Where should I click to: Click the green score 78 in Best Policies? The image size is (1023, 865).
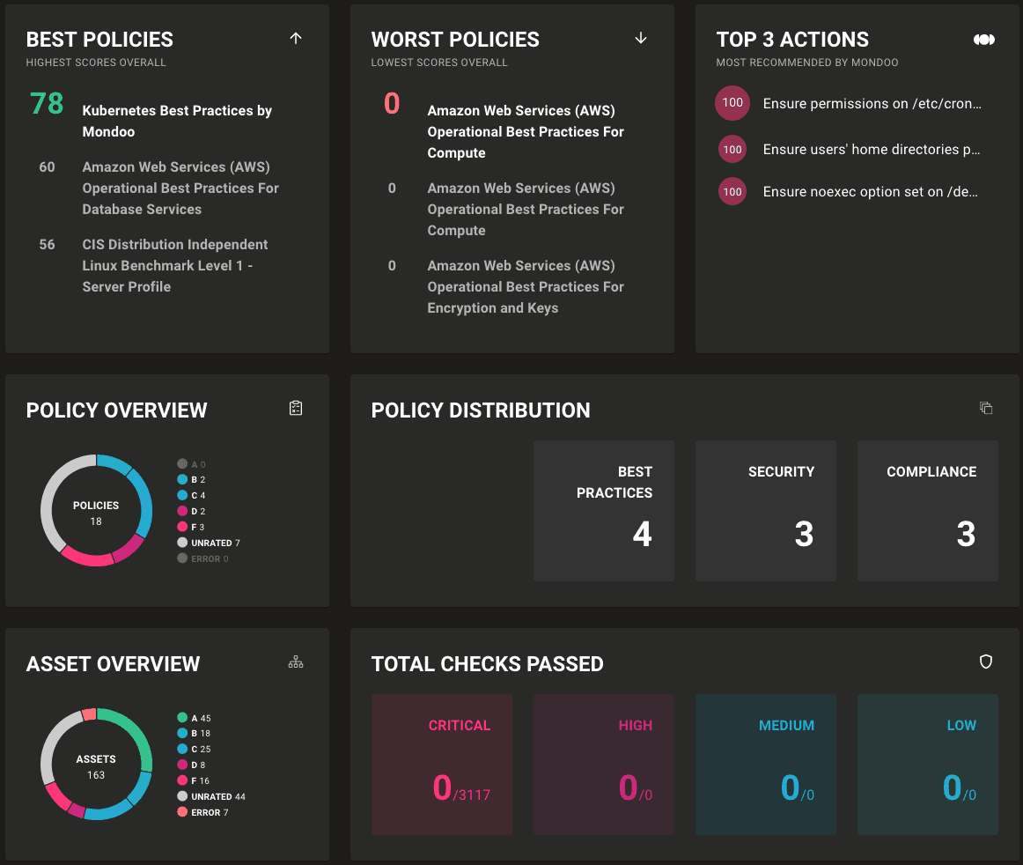pos(47,104)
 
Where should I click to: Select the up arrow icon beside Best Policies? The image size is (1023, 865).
pos(296,38)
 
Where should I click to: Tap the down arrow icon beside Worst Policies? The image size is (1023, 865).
pos(641,38)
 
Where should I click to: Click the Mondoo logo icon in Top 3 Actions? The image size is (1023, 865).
pos(984,40)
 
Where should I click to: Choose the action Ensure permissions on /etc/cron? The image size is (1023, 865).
pos(872,104)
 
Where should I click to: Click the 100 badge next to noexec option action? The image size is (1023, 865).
pos(732,192)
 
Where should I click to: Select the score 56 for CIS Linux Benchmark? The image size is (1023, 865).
pos(47,245)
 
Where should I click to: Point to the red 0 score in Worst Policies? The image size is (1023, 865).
pos(392,104)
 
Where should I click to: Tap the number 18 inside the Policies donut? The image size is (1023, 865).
pos(96,521)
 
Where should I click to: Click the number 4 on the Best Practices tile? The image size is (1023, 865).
pos(642,535)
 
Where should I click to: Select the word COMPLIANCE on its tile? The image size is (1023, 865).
pos(931,472)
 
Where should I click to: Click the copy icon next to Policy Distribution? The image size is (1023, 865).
pos(986,408)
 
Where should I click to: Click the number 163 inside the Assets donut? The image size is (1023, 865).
pos(96,775)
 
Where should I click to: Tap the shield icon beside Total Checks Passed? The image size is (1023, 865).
pos(986,662)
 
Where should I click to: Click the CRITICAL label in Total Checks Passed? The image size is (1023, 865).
pos(459,726)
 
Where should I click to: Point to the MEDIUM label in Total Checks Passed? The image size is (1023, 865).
pos(786,726)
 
